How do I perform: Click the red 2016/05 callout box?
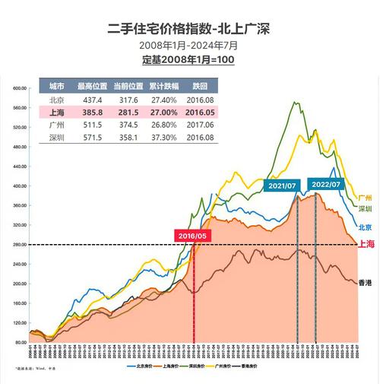point(193,236)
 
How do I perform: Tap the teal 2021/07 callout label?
point(282,186)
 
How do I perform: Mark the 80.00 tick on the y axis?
point(20,343)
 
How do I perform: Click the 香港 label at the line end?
point(365,283)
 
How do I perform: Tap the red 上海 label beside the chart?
point(365,244)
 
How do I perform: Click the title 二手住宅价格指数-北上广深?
point(189,29)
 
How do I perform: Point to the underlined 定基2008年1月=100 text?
point(189,59)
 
